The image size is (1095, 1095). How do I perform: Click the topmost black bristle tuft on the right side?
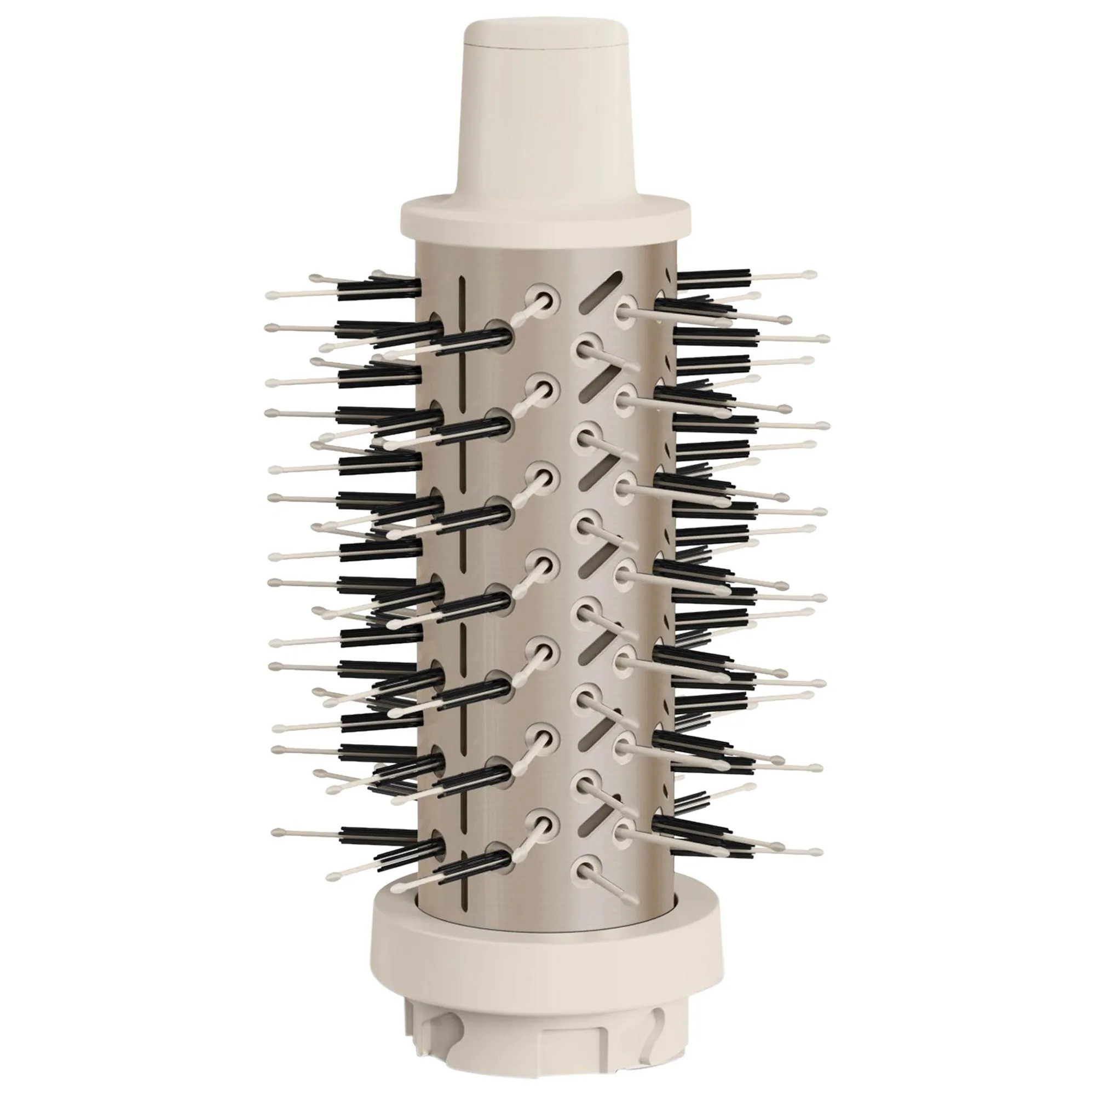(714, 277)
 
